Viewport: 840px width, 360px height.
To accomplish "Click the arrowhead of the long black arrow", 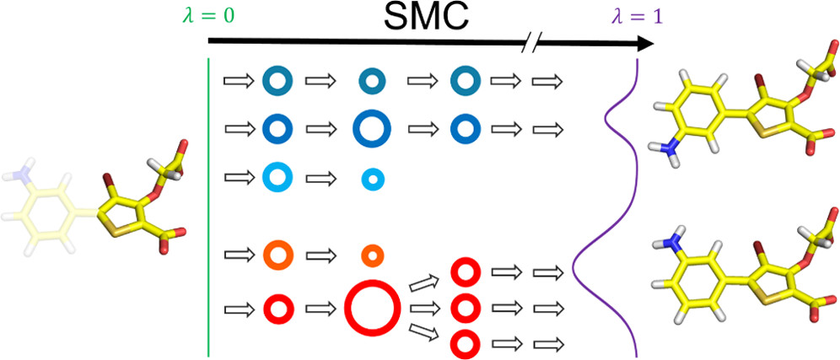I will (x=645, y=46).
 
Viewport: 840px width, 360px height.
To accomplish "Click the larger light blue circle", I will (x=277, y=178).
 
